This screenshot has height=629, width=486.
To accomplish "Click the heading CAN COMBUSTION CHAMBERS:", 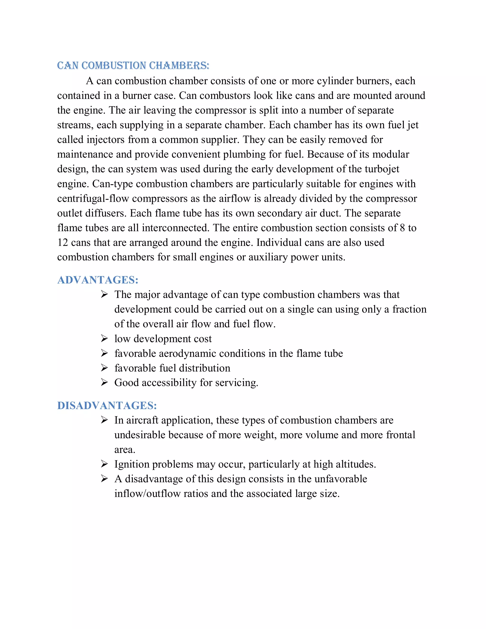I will coord(133,66).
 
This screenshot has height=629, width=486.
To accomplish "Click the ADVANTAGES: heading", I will coord(98,280).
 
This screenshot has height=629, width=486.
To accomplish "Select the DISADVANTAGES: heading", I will coord(107,405).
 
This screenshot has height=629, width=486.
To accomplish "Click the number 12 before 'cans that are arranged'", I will coord(62,243).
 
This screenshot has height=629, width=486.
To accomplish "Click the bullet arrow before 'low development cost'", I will coord(104,338).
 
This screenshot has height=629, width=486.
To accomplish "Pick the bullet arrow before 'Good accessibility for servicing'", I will coord(104,382).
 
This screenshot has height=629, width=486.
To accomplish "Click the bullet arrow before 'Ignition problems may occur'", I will coord(104,464).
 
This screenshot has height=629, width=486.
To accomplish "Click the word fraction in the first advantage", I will coord(409,309).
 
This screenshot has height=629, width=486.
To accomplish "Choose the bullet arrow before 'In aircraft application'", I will coord(104,420).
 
